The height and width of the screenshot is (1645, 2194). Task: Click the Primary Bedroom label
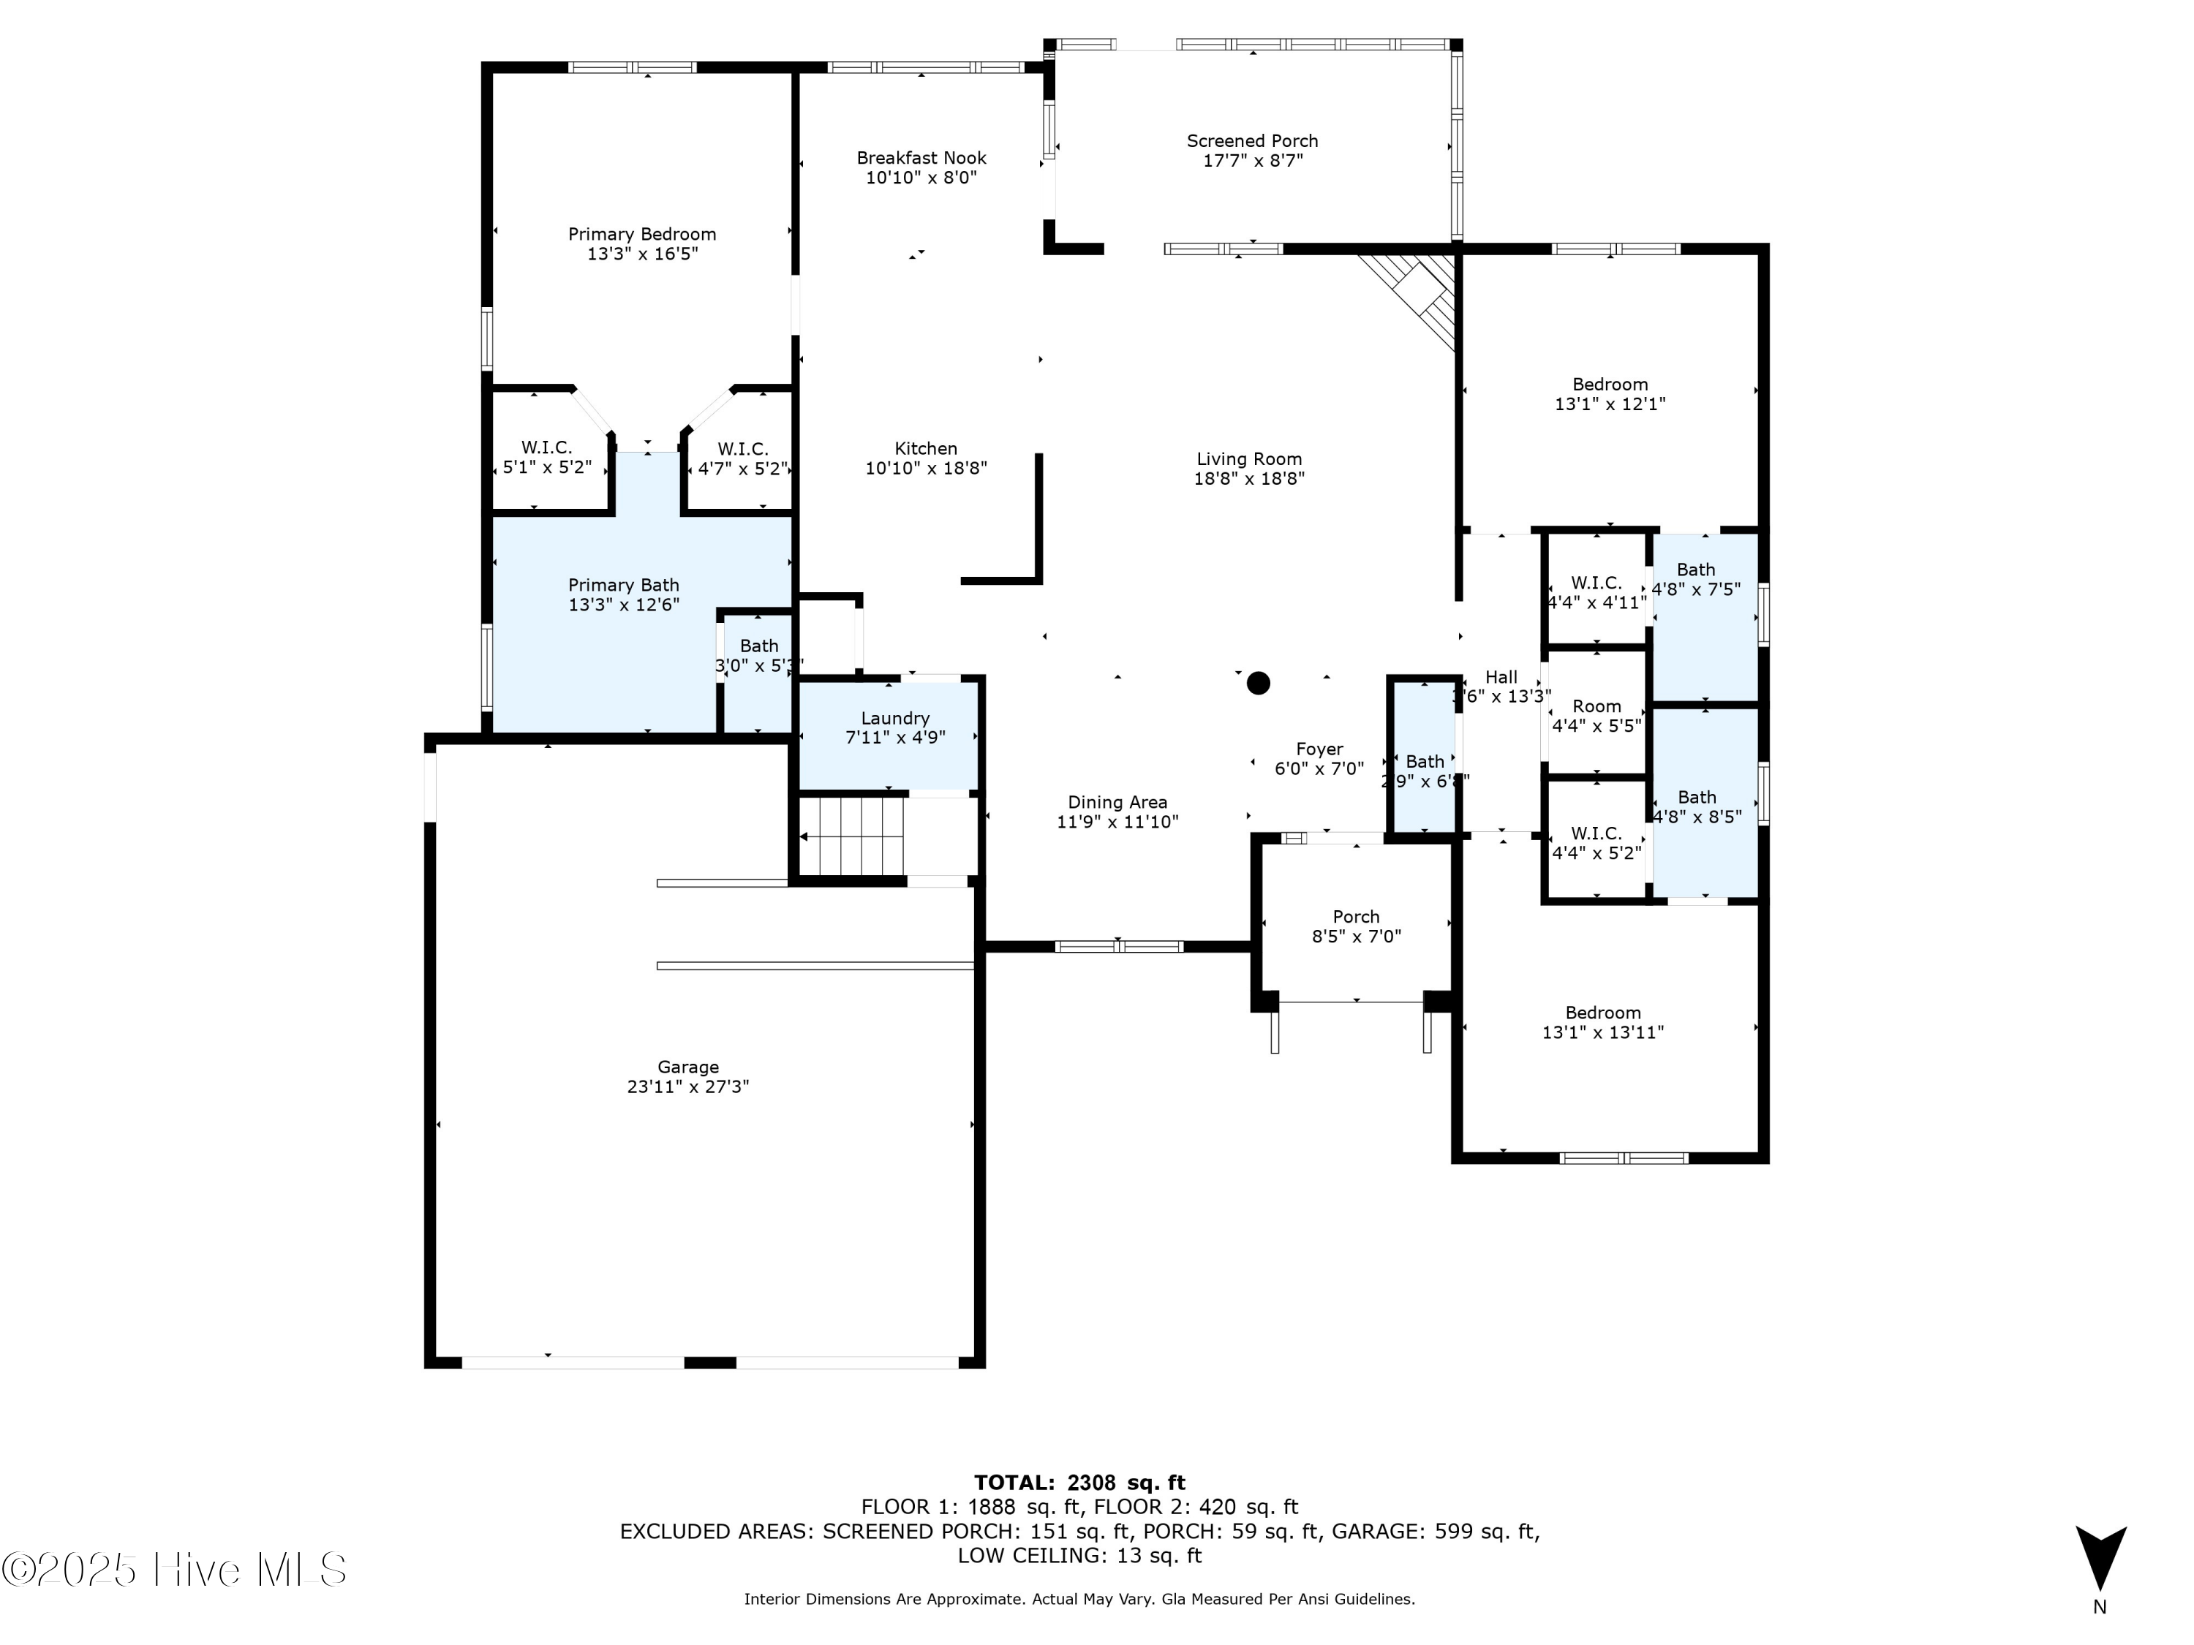(641, 234)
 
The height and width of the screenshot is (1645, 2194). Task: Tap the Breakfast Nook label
(921, 158)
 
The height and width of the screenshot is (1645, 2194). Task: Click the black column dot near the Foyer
(1258, 682)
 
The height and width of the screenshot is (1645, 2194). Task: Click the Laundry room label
(894, 718)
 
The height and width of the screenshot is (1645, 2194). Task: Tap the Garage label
(687, 1067)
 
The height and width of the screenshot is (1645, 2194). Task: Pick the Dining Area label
(1117, 802)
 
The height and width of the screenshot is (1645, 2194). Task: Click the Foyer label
(1319, 749)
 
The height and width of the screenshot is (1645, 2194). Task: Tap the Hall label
(1501, 676)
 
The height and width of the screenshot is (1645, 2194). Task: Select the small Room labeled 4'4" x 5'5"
(1596, 715)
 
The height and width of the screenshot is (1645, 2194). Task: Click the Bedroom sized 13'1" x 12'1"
(1609, 393)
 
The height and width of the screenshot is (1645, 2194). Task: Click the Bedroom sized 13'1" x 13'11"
(1603, 1022)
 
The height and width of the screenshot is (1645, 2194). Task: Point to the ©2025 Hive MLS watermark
(173, 1570)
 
